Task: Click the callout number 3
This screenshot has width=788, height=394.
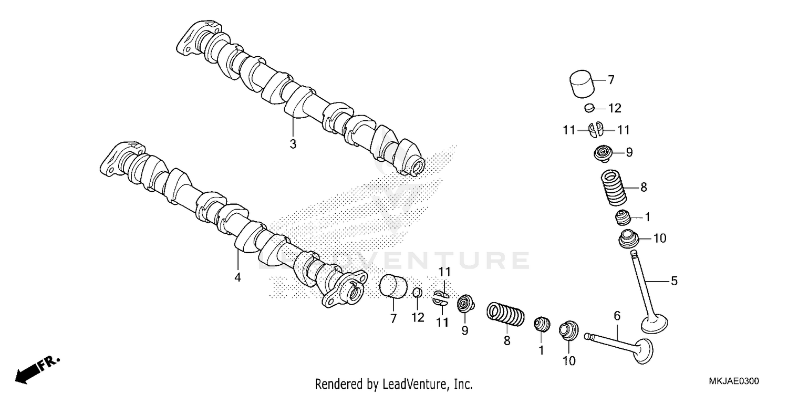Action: click(293, 144)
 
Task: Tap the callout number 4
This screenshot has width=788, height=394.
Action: click(237, 277)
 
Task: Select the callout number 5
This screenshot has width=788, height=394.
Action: click(674, 281)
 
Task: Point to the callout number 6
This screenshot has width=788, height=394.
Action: click(617, 316)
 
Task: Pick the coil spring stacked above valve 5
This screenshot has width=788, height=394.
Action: click(613, 188)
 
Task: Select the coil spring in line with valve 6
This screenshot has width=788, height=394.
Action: click(506, 314)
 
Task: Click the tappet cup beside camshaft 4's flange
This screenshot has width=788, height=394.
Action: click(394, 287)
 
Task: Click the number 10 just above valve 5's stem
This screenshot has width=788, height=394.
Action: click(659, 238)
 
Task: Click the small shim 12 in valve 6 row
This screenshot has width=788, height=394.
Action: click(417, 293)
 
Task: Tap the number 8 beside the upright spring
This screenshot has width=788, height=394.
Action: click(643, 187)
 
